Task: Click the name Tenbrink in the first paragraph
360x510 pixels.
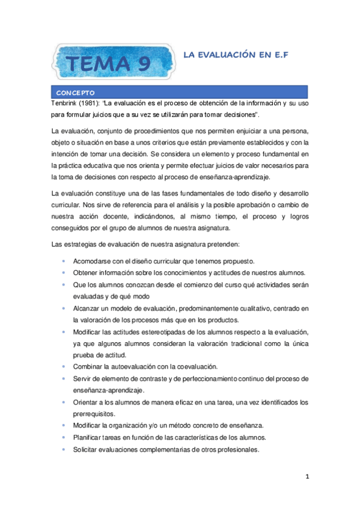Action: point(66,104)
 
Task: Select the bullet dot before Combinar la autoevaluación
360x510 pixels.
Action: point(65,367)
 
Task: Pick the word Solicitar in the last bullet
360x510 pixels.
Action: point(86,449)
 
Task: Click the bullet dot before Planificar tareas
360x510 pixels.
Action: point(65,437)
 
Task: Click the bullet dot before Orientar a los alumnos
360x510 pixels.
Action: point(65,402)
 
